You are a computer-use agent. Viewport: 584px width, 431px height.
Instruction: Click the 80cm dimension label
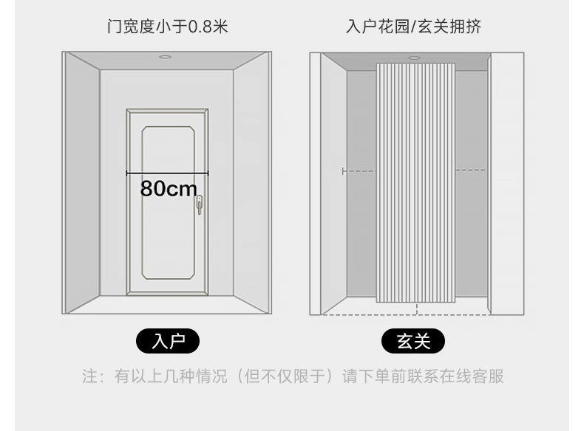169,189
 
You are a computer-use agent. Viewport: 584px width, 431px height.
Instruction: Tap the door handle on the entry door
199,205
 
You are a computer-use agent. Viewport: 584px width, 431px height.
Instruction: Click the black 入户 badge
168,341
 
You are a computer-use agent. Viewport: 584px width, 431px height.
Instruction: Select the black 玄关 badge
413,341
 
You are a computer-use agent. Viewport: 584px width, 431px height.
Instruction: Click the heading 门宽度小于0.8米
167,27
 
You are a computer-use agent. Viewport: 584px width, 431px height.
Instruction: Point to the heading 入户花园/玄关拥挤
413,27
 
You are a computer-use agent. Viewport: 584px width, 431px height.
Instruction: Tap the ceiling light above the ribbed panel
414,58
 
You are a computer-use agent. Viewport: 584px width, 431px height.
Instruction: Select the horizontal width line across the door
167,173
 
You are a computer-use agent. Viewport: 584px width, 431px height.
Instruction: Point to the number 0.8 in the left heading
200,27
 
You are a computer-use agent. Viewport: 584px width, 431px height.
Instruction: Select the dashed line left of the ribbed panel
359,171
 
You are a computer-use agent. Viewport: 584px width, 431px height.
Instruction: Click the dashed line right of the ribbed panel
470,170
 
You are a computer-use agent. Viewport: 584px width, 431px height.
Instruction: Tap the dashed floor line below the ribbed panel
414,314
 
